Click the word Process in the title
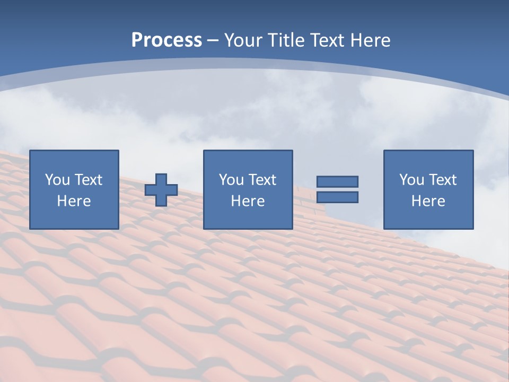[166, 40]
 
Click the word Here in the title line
[370, 40]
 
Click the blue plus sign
[161, 190]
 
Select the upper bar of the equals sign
[337, 181]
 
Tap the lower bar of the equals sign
[337, 197]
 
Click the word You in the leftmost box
[57, 180]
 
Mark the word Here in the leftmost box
[74, 201]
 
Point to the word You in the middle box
[231, 180]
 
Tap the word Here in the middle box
[248, 201]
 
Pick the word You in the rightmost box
[411, 180]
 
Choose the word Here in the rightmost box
[428, 201]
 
